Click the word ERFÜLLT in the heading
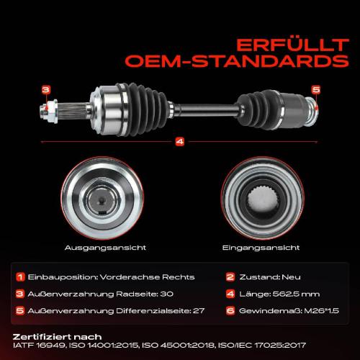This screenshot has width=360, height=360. [292, 45]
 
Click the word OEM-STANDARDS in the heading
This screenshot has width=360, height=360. [237, 61]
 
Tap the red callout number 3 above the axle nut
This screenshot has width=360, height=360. [45, 90]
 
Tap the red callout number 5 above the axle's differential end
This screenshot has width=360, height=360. [316, 89]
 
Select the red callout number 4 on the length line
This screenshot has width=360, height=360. [180, 142]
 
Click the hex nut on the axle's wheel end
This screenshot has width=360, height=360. [49, 112]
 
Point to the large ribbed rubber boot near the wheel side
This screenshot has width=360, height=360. [144, 109]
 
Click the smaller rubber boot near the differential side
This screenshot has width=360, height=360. [257, 109]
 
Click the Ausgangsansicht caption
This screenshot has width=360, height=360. [105, 248]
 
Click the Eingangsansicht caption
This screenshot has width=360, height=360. [261, 248]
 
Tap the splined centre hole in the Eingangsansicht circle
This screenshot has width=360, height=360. [262, 198]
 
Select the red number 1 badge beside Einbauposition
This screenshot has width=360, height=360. [20, 277]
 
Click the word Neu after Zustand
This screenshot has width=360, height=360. [291, 277]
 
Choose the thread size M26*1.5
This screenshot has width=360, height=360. [322, 311]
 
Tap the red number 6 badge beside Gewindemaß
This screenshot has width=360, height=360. [230, 311]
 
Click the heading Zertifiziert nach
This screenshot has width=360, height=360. [57, 337]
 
